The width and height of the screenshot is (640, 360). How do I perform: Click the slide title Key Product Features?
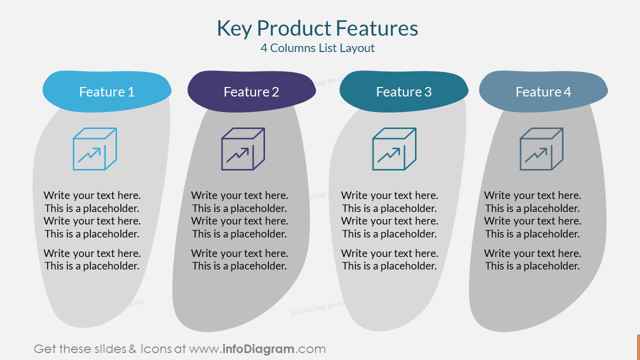(x=317, y=28)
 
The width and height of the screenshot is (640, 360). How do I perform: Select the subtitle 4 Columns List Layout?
(x=317, y=48)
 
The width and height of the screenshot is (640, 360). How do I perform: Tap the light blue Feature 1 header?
(x=106, y=91)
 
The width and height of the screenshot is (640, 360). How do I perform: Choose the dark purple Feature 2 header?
(x=251, y=91)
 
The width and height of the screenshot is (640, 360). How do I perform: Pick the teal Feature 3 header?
(x=403, y=91)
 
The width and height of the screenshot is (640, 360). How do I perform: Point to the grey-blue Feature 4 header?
(x=543, y=91)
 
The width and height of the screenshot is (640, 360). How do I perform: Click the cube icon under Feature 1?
(x=95, y=149)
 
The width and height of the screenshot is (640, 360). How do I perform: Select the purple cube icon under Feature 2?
(x=243, y=149)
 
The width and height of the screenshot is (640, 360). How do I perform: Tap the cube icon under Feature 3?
(x=394, y=149)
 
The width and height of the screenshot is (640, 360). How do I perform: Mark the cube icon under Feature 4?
(x=541, y=149)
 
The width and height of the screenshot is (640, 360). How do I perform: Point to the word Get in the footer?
(x=44, y=349)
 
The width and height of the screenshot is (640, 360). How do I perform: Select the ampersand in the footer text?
(x=132, y=349)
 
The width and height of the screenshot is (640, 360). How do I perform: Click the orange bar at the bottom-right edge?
(x=638, y=347)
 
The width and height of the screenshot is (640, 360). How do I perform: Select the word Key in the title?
(x=233, y=28)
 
